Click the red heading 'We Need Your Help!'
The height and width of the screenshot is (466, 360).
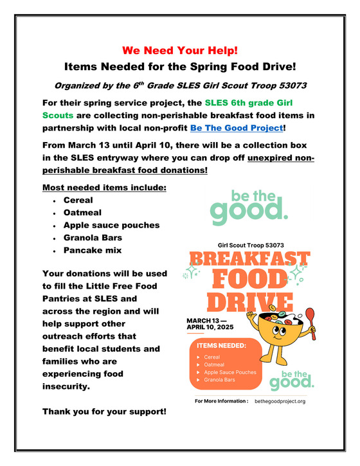click(x=179, y=50)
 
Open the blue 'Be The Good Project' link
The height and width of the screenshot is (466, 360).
click(x=236, y=127)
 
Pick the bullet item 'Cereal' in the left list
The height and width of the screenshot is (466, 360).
click(x=78, y=201)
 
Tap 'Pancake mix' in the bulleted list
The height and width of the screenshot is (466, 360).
click(x=89, y=249)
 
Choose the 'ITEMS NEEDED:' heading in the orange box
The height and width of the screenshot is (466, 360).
click(x=226, y=346)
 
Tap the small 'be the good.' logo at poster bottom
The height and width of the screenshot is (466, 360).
click(x=291, y=379)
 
